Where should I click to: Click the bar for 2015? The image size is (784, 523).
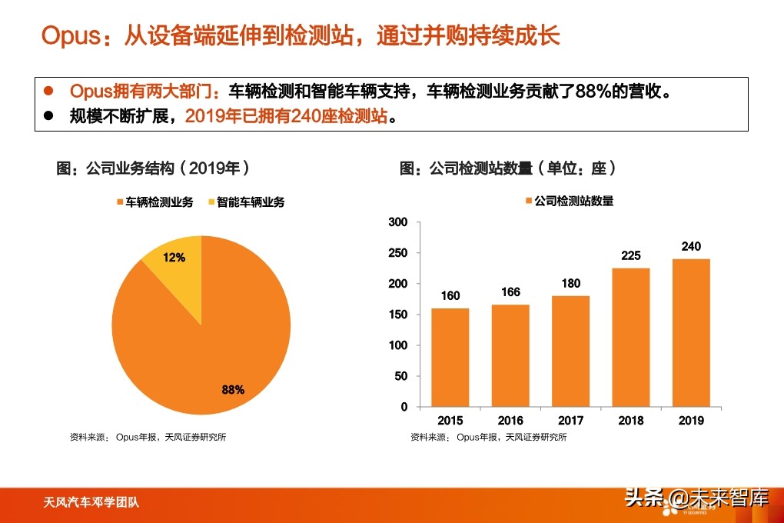pos(450,357)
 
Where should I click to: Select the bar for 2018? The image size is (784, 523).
pos(630,337)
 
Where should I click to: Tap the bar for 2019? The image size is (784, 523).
pos(690,332)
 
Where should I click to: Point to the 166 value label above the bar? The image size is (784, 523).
pos(510,292)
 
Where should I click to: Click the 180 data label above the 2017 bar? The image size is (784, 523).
pos(570,283)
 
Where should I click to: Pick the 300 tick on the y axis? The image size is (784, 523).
pos(398,222)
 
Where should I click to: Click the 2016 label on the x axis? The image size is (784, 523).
pos(510,421)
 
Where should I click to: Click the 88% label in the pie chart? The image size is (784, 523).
pos(233,390)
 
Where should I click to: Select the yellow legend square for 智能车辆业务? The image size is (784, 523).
pos(211,202)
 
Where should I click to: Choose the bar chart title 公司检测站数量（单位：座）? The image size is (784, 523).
pos(508,168)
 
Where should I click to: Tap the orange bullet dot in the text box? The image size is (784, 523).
pos(48,92)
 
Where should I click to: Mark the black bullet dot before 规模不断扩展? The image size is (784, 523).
pos(48,117)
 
